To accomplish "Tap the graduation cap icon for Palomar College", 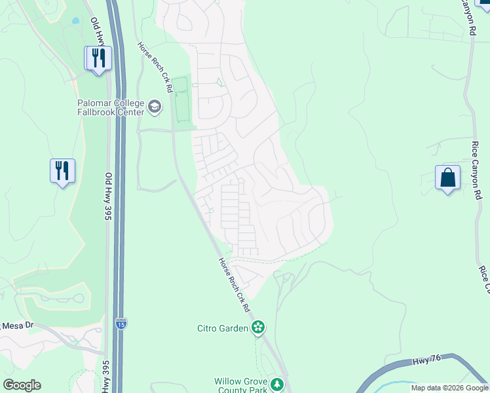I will (x=155, y=107).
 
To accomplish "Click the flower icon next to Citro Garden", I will (x=258, y=327).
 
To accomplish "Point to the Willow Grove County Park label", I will (x=241, y=385).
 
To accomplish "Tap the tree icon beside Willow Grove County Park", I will (x=278, y=384).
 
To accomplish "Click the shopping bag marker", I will (x=447, y=178).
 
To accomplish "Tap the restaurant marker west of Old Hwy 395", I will (x=62, y=172).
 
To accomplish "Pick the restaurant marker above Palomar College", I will (x=98, y=58).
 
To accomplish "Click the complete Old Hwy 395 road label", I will (x=107, y=196).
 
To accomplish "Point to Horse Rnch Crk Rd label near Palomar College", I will (x=155, y=67).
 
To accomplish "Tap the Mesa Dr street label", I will (x=17, y=326).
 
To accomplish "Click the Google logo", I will (x=22, y=385).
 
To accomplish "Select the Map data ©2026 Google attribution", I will (x=449, y=388).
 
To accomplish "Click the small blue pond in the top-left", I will (x=75, y=21).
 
